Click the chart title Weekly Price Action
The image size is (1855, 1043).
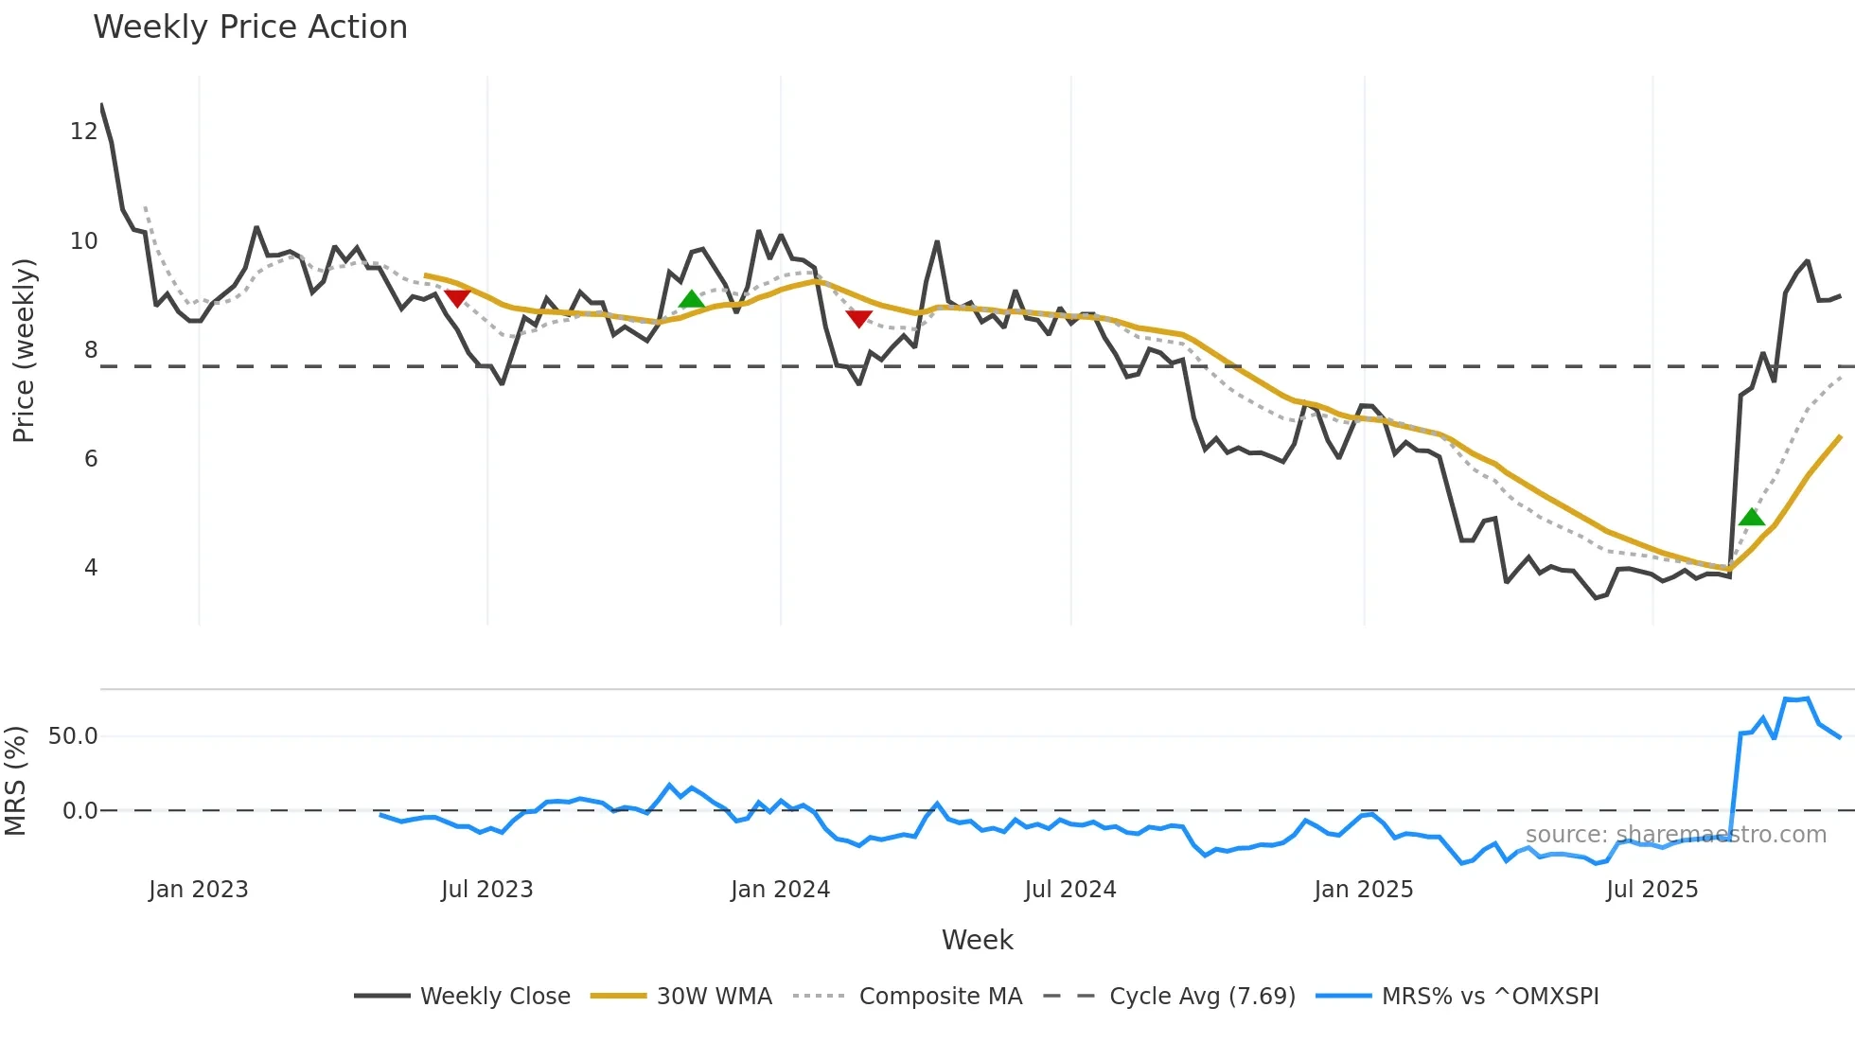click(x=250, y=27)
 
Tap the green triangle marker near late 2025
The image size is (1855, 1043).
click(x=1752, y=517)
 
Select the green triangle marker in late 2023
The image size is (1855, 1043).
click(x=692, y=299)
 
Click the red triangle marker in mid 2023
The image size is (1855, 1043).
click(x=457, y=298)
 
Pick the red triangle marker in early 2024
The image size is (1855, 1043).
click(x=858, y=319)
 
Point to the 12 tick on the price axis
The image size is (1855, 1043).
click(x=83, y=132)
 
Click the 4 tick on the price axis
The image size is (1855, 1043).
click(x=91, y=568)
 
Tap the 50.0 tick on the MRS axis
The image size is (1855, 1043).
click(x=73, y=736)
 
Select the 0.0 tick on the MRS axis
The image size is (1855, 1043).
click(x=79, y=811)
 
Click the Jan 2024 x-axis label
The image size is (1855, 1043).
click(x=780, y=890)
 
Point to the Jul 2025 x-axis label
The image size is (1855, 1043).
click(x=1652, y=890)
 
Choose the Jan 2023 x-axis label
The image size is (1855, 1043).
click(x=199, y=890)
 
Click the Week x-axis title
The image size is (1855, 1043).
click(x=977, y=940)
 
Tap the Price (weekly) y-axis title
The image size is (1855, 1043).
click(x=24, y=350)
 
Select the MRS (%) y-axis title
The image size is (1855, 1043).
click(x=15, y=781)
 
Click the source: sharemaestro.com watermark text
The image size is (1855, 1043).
click(x=1675, y=835)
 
